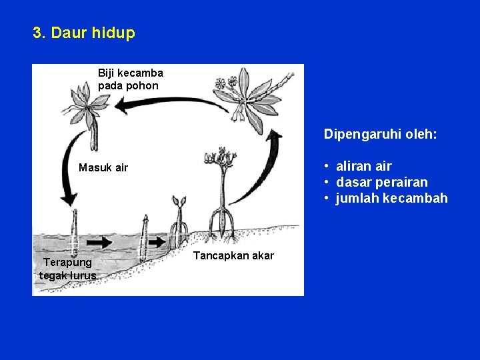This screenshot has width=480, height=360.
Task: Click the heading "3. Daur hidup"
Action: [x=84, y=33]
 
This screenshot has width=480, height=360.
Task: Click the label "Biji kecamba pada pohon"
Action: [x=130, y=79]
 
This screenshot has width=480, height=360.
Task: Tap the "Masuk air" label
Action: [x=103, y=167]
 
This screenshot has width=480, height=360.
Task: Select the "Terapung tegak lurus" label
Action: [x=68, y=269]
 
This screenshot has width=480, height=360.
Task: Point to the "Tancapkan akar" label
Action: [x=233, y=256]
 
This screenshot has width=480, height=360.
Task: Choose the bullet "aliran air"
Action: [x=364, y=166]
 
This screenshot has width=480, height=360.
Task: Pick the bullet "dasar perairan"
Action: [x=382, y=182]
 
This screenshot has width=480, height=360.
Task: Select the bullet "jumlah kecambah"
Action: [x=392, y=198]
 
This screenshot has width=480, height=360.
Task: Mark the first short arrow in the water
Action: [x=100, y=243]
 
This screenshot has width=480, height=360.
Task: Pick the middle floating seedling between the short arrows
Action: [x=143, y=239]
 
